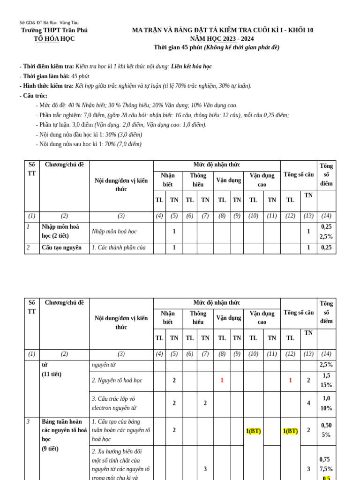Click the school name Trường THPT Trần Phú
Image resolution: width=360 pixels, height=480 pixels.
point(54,30)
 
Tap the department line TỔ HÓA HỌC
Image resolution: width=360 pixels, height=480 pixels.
point(54,39)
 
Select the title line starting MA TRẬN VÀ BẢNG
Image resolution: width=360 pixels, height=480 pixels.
point(223,30)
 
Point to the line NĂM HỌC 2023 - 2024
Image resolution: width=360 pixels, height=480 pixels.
point(223,39)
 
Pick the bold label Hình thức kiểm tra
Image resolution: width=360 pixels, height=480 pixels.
point(46,86)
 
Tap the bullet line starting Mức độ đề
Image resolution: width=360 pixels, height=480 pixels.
point(136,105)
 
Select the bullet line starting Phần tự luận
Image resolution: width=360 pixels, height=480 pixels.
point(121,125)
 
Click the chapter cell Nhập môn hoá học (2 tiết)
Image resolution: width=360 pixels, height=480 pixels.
point(60,232)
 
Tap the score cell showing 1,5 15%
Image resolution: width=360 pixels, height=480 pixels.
point(326,380)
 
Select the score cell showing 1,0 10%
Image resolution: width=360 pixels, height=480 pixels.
point(326,403)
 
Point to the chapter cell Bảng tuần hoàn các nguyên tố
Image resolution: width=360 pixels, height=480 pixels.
point(64,430)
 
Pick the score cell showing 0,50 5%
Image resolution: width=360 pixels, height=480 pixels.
point(326,430)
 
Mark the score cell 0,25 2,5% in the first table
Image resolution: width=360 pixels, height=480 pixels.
point(326,232)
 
